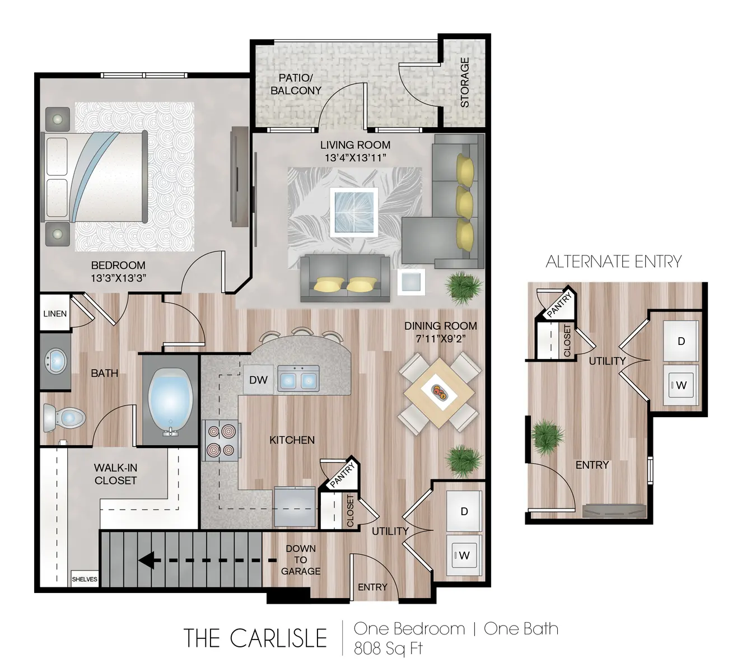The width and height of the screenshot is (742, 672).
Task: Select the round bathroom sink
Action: pos(55,361)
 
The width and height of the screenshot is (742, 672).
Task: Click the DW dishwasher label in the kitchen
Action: pos(258,380)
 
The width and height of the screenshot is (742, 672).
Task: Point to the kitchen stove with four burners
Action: pos(221,441)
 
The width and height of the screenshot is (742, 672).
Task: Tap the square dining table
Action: pos(440,393)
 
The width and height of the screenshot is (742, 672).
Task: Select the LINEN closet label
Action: pos(55,314)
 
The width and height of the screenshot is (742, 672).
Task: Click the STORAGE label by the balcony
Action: pos(464,82)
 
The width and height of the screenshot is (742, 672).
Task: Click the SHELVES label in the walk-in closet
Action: pos(85,580)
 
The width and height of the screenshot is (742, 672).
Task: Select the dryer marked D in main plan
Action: pos(464,511)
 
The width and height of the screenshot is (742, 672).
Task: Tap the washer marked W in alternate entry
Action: pos(681,385)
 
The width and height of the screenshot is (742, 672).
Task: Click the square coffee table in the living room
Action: pos(354,211)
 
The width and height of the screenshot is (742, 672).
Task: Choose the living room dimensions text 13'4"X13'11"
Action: pos(355,158)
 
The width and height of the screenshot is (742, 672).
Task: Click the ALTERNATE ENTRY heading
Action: pos(614,262)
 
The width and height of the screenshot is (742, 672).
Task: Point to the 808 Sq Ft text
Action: pos(388,648)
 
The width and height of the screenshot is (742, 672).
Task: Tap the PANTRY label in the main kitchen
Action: pos(342,475)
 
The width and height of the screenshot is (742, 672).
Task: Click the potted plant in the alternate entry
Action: pos(547,437)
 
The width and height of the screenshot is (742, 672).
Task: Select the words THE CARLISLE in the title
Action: pos(255,638)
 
